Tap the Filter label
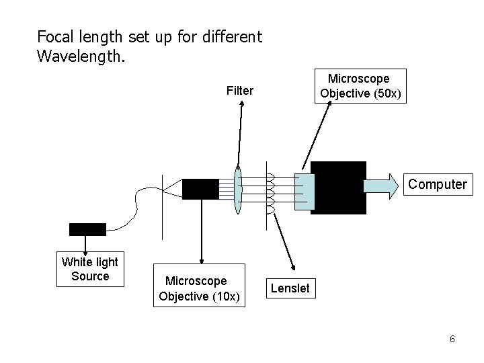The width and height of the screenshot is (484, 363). (x=240, y=91)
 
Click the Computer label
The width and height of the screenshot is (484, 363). (x=437, y=184)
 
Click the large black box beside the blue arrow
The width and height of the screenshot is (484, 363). (x=339, y=187)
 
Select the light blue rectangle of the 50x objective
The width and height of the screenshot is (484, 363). (x=304, y=192)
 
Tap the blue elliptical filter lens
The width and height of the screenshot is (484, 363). (x=237, y=190)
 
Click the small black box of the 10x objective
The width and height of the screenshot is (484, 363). (x=200, y=189)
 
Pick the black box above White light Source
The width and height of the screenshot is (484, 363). (x=87, y=229)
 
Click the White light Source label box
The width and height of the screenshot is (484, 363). (x=90, y=269)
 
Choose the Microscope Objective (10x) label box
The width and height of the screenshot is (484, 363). (x=196, y=288)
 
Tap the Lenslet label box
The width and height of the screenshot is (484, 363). (x=290, y=288)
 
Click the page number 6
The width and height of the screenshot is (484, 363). (x=452, y=339)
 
